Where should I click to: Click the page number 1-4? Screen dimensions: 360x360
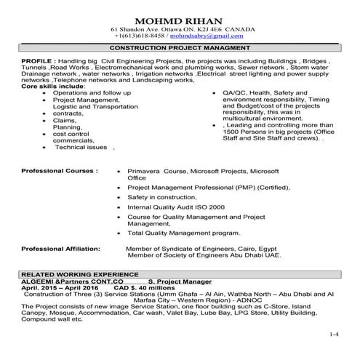pyautogui.click(x=334, y=335)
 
